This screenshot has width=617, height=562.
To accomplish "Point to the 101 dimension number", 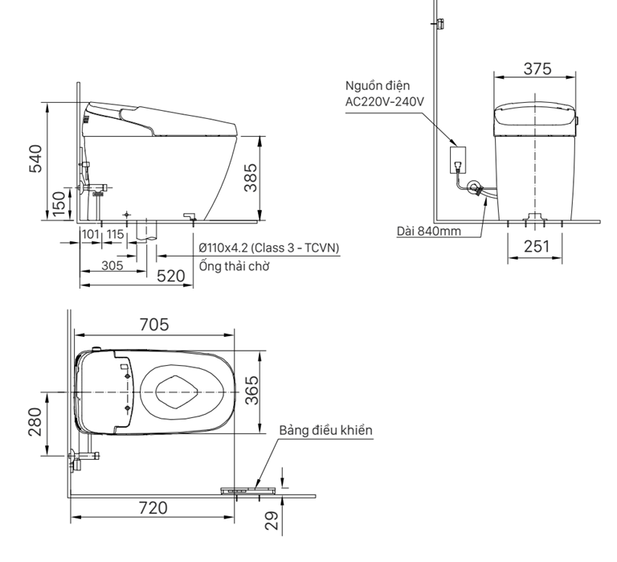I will (x=90, y=233).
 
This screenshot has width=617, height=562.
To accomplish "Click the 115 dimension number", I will (x=115, y=233).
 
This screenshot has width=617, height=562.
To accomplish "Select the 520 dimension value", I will (x=170, y=276).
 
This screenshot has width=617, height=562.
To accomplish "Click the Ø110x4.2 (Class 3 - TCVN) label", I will (x=268, y=248).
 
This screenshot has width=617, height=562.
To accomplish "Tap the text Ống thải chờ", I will (x=234, y=266).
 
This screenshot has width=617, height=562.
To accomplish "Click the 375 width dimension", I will (x=537, y=68).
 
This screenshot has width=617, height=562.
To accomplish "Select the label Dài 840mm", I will (x=429, y=232).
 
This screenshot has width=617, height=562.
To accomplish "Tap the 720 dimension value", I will (x=153, y=507).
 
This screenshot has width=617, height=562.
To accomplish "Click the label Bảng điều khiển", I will (x=326, y=431).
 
